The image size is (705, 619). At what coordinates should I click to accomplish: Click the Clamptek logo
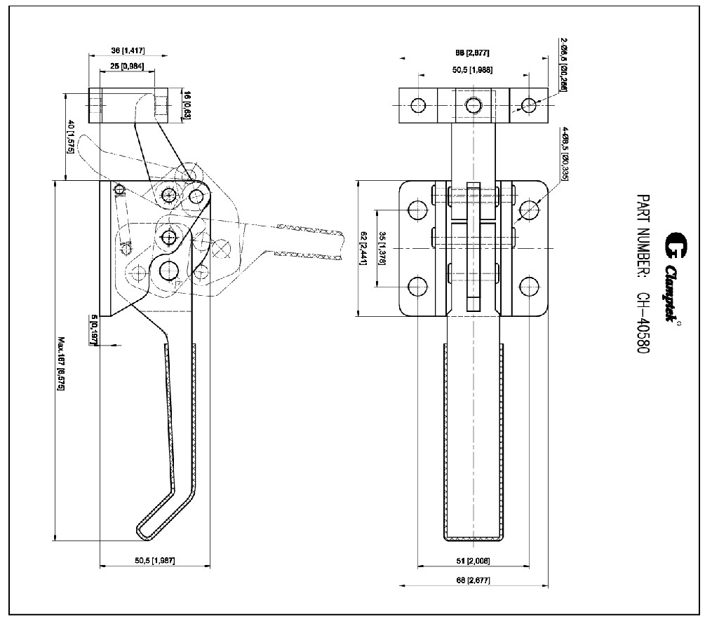pyautogui.click(x=674, y=277)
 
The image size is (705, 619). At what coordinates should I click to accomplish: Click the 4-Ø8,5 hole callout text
pyautogui.click(x=565, y=154)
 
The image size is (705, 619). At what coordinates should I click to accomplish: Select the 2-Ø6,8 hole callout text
pyautogui.click(x=563, y=64)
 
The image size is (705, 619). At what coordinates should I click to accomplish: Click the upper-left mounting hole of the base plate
pyautogui.click(x=417, y=210)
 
